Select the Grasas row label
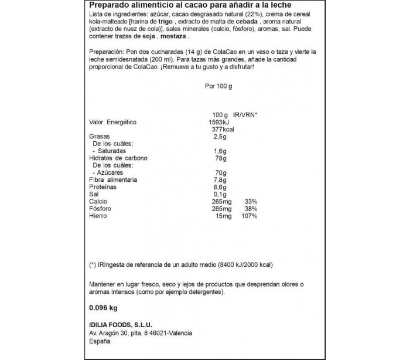pyautogui.click(x=99, y=137)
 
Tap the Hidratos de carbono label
pyautogui.click(x=118, y=158)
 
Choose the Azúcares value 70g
pyautogui.click(x=220, y=173)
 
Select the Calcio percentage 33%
pyautogui.click(x=251, y=202)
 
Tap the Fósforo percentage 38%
pyautogui.click(x=251, y=209)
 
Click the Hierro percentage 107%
pyautogui.click(x=249, y=216)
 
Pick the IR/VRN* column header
pyautogui.click(x=245, y=115)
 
